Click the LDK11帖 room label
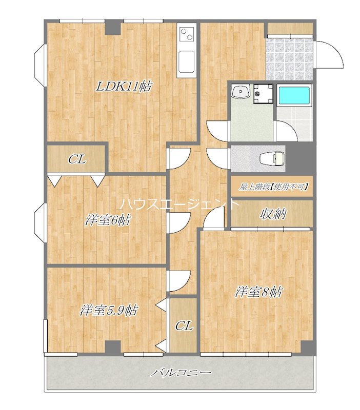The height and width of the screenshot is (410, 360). (x=124, y=86)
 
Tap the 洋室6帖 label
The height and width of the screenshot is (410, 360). (x=108, y=220)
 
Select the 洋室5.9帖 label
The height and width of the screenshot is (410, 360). (x=109, y=311)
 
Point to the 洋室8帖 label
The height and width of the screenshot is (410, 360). (x=258, y=292)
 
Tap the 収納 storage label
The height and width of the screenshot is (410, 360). (x=273, y=214)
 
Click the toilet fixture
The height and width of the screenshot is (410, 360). (x=272, y=158)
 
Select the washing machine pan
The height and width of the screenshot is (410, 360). (x=263, y=93)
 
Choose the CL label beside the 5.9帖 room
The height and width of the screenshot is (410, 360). (x=184, y=326)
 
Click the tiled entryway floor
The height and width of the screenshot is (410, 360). (x=289, y=59)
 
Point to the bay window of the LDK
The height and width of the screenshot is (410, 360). (x=41, y=61)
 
